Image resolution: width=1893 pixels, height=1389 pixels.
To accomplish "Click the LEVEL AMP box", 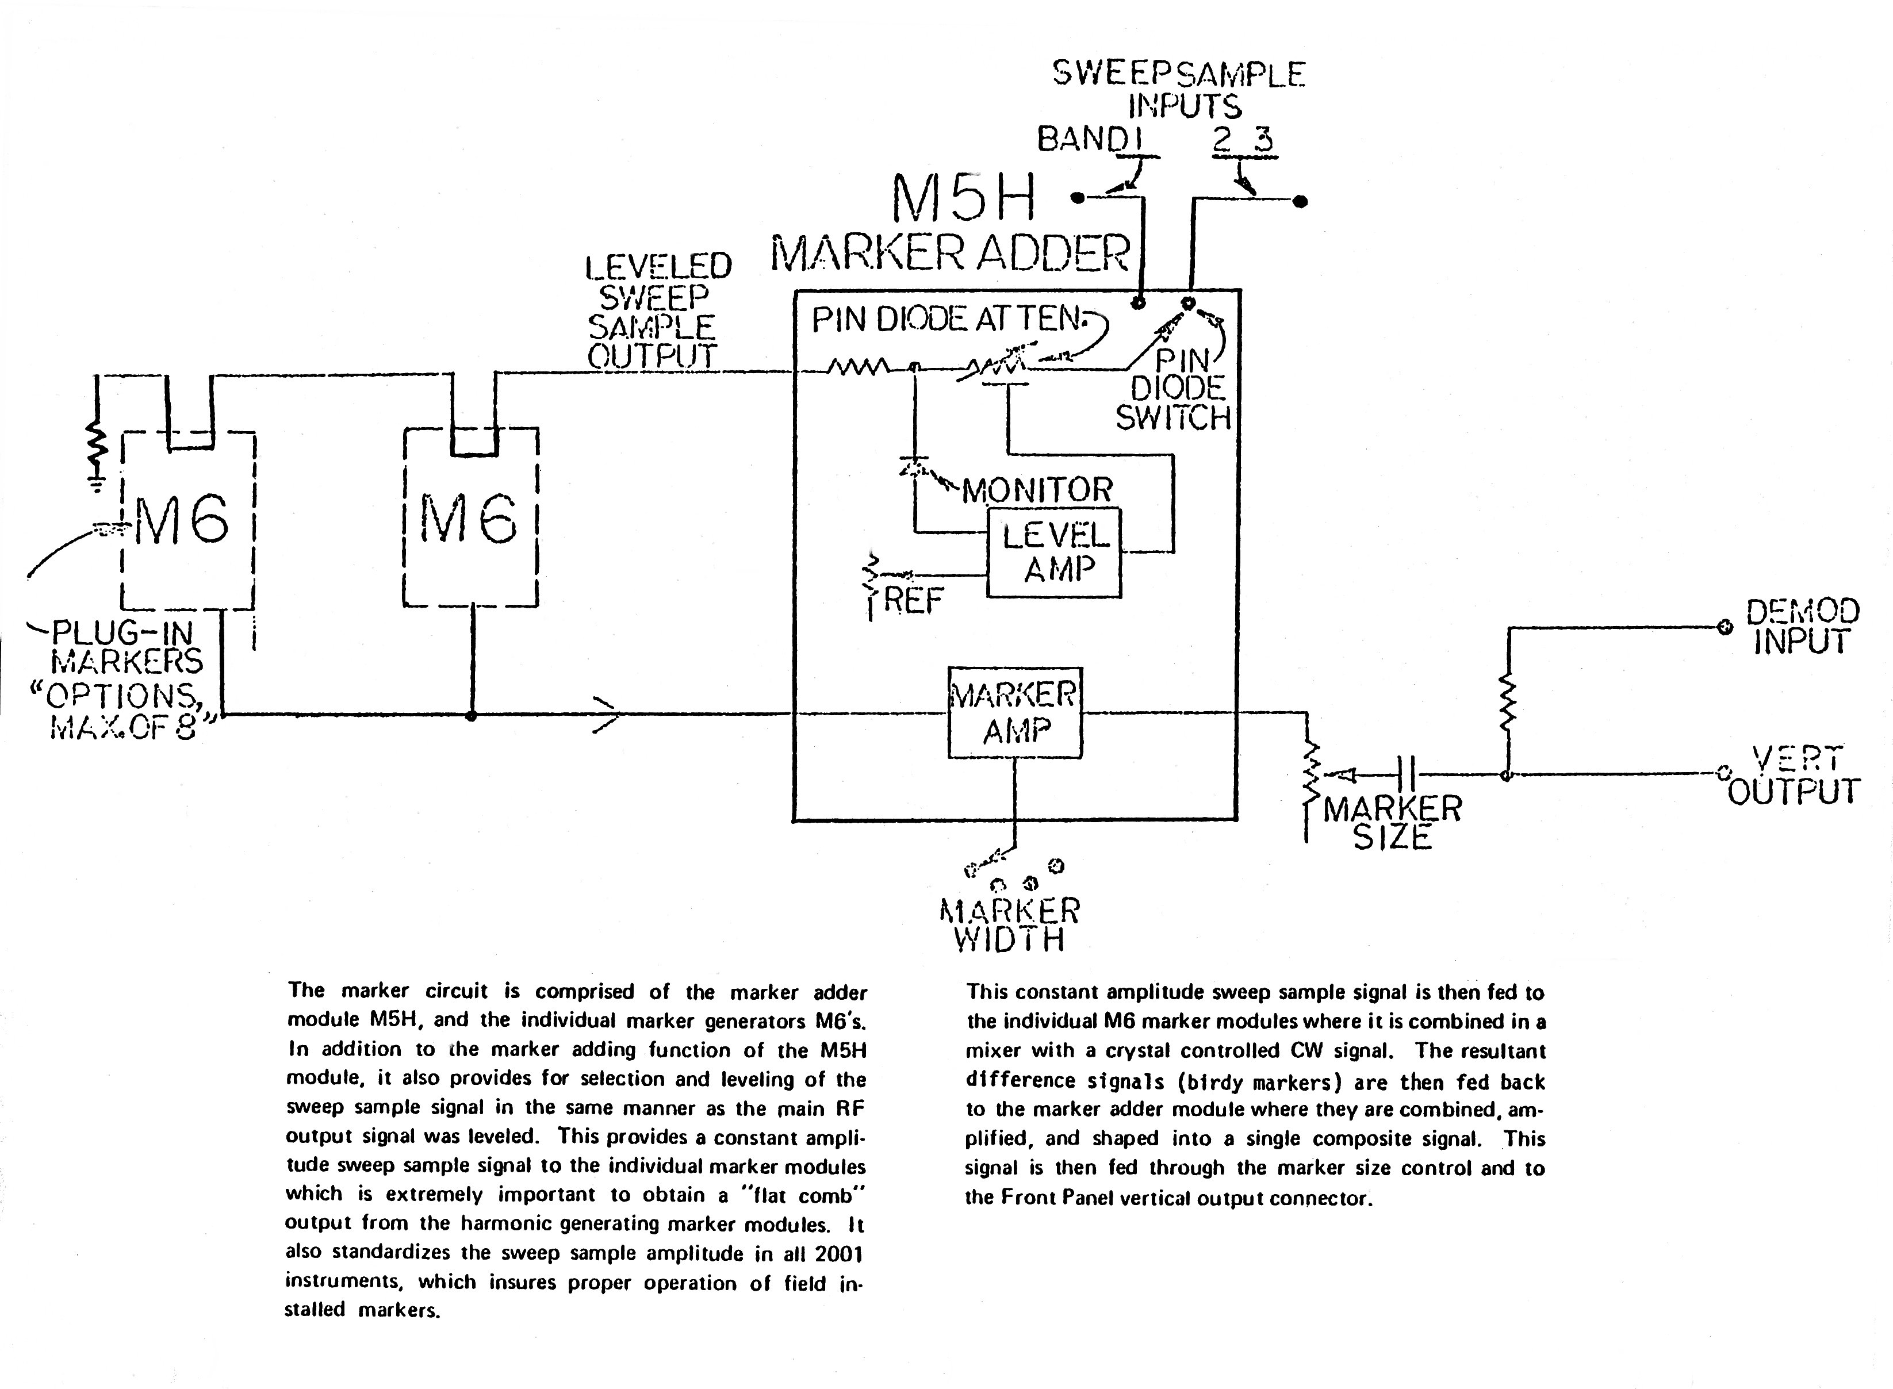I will [x=1053, y=552].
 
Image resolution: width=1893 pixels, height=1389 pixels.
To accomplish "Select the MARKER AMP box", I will [x=1014, y=712].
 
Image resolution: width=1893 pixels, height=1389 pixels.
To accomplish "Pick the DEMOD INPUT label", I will [x=1802, y=627].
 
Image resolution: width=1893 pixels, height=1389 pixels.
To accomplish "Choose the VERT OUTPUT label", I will [x=1793, y=775].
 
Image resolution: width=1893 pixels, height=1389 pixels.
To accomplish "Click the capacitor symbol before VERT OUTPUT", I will [x=1406, y=773].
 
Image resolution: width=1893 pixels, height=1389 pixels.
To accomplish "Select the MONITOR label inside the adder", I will [x=1037, y=489].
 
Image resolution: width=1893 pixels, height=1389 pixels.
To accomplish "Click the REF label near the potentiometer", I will [x=913, y=600].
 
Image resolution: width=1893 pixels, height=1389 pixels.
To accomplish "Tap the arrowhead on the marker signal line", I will [x=607, y=715].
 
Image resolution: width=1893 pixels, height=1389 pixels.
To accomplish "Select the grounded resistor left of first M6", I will [x=98, y=450].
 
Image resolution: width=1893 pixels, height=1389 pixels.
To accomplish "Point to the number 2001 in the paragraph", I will [x=838, y=1254].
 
